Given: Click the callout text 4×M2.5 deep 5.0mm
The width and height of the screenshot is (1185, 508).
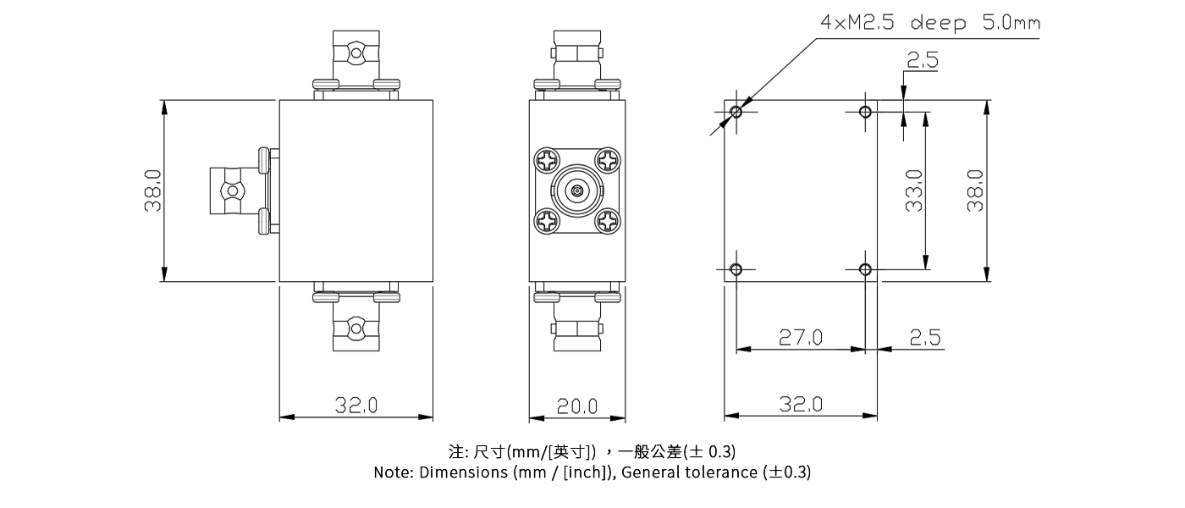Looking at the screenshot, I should point(929,23).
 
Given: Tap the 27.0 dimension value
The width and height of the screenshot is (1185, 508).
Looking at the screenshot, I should point(801,338).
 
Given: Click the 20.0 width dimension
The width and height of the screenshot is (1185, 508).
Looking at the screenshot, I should point(576,406).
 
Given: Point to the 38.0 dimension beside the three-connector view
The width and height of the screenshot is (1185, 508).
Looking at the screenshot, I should point(153,190).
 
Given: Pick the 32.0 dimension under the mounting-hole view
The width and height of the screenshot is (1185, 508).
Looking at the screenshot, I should point(801,405).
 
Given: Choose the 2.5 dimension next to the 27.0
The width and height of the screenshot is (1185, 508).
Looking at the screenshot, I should point(924,338).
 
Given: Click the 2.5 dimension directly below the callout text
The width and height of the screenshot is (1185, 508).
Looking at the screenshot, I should point(922,61).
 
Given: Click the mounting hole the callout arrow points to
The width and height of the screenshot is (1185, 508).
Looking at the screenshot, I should point(736,112).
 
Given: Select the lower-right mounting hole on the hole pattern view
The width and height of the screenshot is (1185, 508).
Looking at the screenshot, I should point(865,269).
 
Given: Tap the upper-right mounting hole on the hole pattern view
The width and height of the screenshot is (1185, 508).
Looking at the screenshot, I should point(865,112).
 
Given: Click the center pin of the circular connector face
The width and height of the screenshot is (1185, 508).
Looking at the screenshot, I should point(576,190).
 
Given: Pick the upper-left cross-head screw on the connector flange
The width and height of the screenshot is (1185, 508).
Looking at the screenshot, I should point(548,159).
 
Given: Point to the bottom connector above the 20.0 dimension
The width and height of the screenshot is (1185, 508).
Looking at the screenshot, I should point(576,326).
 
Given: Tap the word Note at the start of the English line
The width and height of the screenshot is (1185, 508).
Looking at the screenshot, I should point(393,472).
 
